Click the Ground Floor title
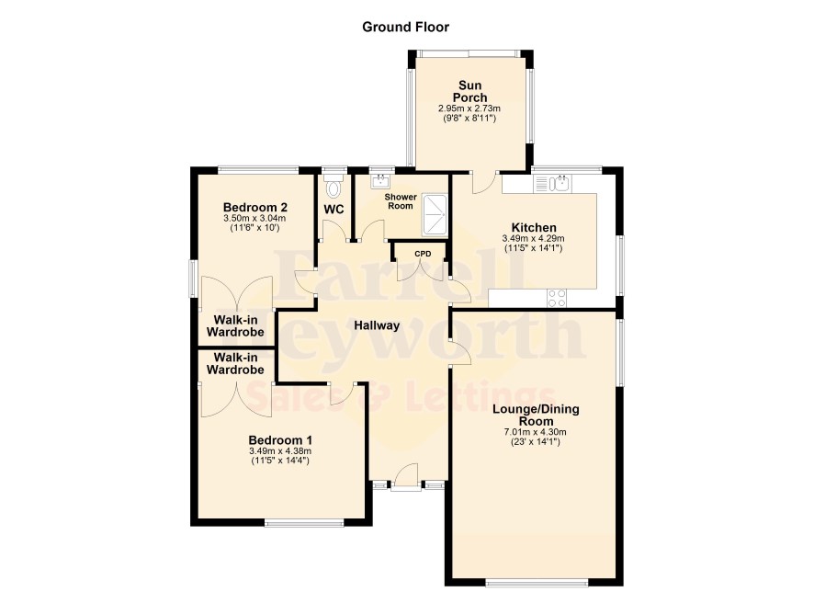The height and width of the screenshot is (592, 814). pos(405,27)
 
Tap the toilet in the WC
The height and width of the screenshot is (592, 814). pos(334,186)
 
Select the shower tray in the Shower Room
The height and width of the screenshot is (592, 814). pos(435,214)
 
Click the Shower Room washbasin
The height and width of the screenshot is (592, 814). pos(381,181)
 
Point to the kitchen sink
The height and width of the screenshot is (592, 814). pos(553,184)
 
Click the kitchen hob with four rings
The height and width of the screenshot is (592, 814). pos(557,298)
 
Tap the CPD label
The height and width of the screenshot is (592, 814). pos(423,254)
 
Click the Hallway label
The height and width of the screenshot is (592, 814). pos(377,325)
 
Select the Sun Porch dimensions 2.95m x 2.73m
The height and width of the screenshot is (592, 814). pos(469,108)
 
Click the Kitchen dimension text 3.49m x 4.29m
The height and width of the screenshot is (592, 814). pos(533,238)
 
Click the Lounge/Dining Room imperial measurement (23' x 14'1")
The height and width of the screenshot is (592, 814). pos(536,442)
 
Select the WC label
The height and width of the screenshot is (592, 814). pos(334,210)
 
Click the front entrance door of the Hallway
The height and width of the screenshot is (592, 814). pos(405,476)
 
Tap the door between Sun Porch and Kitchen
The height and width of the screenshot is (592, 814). pos(485,182)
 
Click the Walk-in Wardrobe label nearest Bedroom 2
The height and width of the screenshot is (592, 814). pos(235,325)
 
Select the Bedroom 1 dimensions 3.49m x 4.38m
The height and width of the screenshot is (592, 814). pos(280,451)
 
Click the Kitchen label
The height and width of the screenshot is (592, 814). pos(534,227)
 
